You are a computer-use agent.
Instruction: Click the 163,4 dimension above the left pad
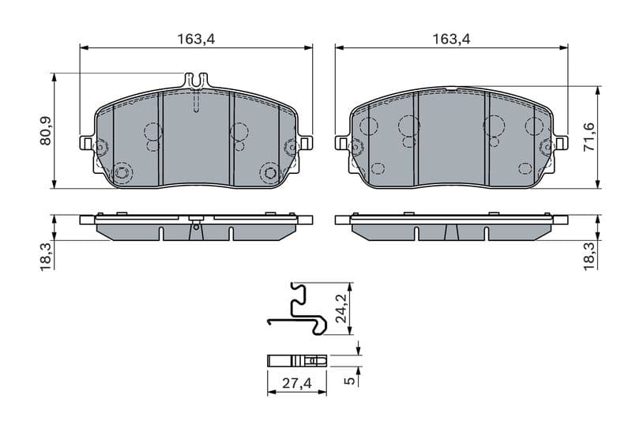(x=197, y=38)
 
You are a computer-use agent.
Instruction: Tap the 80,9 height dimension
(x=46, y=131)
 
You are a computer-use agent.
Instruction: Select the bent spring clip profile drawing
(x=297, y=309)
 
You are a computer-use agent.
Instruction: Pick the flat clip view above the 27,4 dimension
(x=296, y=360)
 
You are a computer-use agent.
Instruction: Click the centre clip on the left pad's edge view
(x=196, y=224)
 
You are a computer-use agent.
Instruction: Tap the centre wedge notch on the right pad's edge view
(x=452, y=232)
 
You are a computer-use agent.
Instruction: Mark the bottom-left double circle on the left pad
(x=122, y=173)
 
